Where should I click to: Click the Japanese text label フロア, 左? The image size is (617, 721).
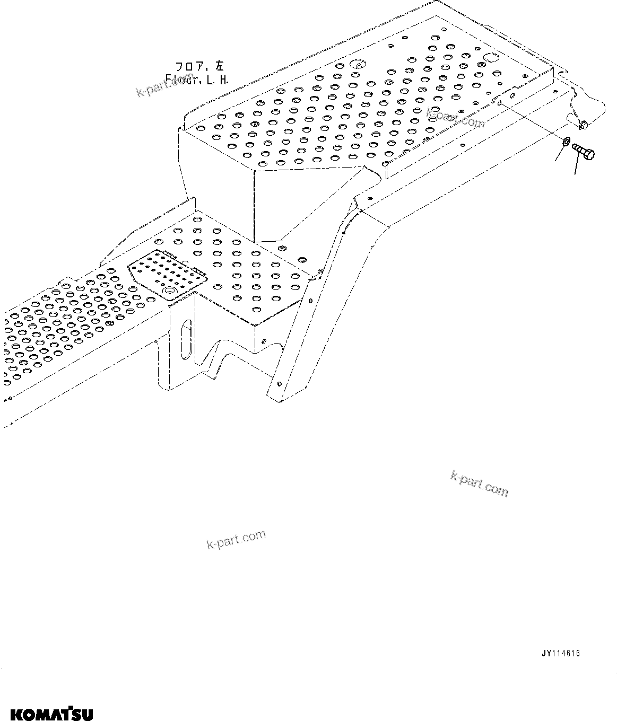pos(200,67)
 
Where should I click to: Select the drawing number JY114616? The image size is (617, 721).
pos(560,654)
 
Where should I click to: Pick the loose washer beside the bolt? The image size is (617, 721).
pos(566,141)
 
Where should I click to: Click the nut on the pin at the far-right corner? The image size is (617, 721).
pos(584,125)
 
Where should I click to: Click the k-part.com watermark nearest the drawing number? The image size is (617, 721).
pos(479,483)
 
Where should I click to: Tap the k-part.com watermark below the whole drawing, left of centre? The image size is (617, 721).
pos(236,539)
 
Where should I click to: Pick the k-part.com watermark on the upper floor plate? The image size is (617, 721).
pos(456,118)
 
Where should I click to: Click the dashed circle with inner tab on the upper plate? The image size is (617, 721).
pos(358,65)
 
